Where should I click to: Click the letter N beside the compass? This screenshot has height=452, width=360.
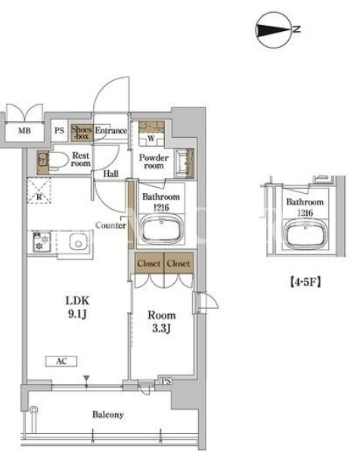click(297, 29)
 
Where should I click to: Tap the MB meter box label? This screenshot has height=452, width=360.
click(24, 130)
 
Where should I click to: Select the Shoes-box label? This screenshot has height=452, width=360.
click(82, 132)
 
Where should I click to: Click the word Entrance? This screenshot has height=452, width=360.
click(111, 130)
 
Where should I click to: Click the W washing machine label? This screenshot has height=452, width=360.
click(151, 138)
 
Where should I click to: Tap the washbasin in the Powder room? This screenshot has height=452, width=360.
click(185, 164)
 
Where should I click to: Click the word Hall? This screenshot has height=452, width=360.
click(111, 174)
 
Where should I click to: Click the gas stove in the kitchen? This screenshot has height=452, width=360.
click(42, 242)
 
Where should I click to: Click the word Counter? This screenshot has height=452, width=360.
click(110, 225)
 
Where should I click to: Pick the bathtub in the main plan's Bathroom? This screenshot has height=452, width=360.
click(161, 229)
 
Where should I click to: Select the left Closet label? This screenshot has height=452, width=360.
click(148, 263)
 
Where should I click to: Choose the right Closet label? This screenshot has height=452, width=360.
click(178, 263)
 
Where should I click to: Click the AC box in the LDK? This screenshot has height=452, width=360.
click(61, 361)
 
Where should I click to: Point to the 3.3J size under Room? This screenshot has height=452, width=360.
click(162, 329)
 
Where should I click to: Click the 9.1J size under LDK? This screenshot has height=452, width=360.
click(77, 314)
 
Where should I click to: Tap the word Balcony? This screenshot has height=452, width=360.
click(108, 415)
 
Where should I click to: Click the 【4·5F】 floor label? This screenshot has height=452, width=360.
click(305, 282)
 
